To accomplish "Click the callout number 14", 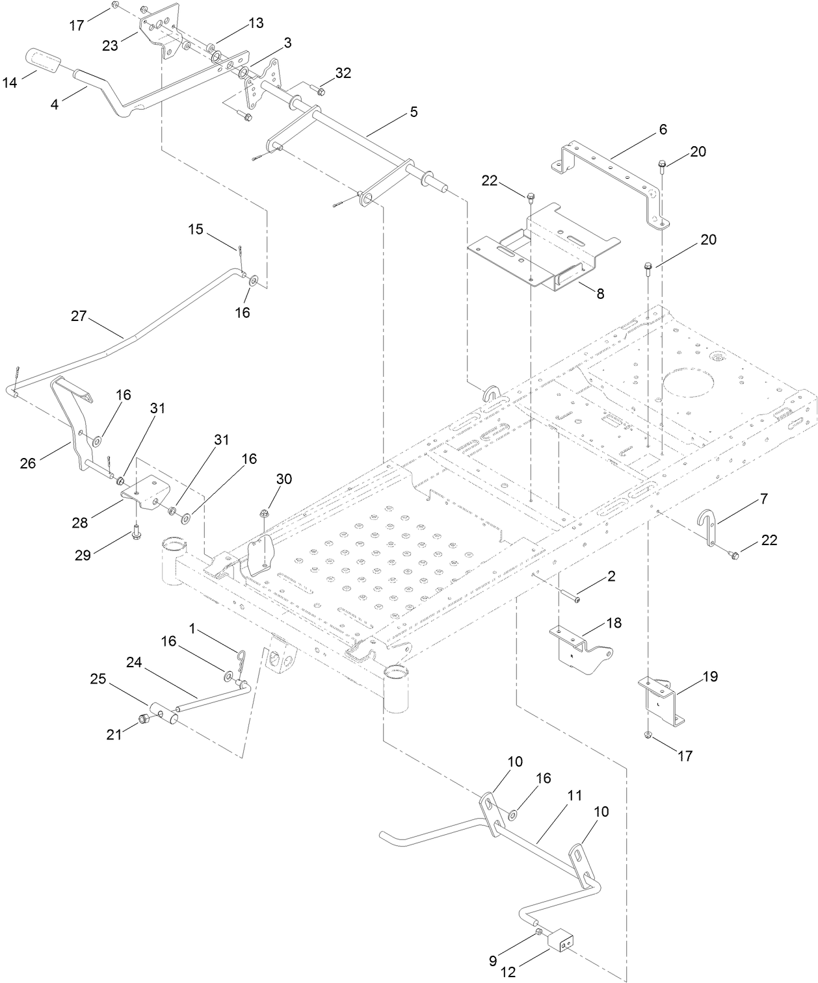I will click(x=10, y=82).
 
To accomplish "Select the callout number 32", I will click(x=343, y=73).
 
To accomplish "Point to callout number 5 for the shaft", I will click(x=414, y=112).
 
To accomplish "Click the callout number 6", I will click(x=663, y=129).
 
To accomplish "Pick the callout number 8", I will click(x=600, y=294).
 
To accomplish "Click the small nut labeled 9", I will click(x=539, y=932).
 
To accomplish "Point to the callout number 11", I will click(x=574, y=795).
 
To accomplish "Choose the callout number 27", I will click(x=79, y=316).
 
